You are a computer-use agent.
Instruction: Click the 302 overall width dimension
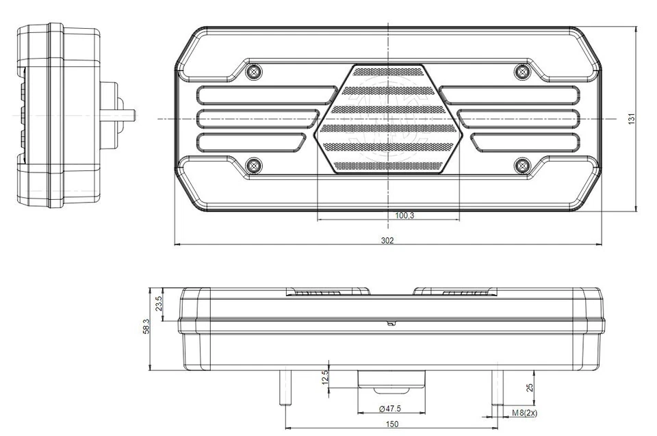click(388, 240)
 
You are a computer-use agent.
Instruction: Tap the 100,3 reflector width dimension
click(404, 216)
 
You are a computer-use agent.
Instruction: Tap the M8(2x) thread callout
click(524, 413)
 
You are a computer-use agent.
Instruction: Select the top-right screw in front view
click(522, 71)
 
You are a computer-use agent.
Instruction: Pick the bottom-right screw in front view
click(522, 164)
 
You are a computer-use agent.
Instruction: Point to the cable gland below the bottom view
click(391, 381)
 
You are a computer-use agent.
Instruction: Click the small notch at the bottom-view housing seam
click(389, 323)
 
